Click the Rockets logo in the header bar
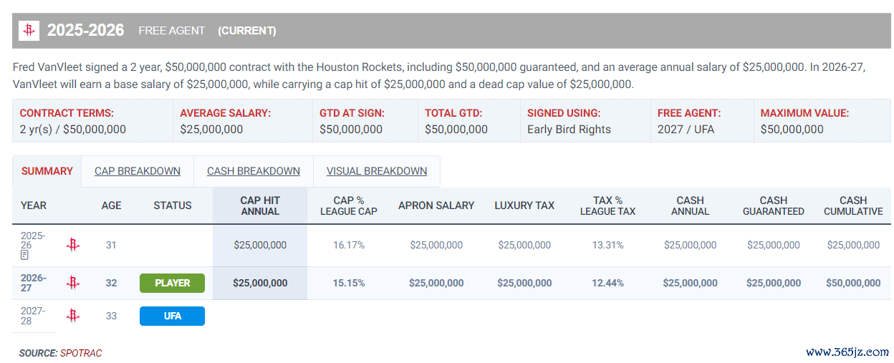pos(29,30)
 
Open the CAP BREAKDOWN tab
pos(138,171)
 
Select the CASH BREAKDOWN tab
pos(254,171)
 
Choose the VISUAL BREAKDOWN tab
pos(377,171)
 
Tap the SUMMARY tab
pos(47,171)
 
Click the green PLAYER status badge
pos(172,284)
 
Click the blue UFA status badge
pos(172,316)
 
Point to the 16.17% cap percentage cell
pos(349,245)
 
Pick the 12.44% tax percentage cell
pos(607,284)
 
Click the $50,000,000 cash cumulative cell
pos(853,284)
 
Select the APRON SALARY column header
pos(436,205)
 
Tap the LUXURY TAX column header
pos(524,205)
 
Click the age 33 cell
pos(111,316)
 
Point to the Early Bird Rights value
pos(569,130)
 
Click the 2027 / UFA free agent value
pos(686,130)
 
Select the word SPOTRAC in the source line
pos(81,353)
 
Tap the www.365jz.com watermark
pos(847,352)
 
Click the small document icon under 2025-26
pos(24,255)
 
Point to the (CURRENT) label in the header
pos(247,31)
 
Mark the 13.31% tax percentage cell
pos(607,245)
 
